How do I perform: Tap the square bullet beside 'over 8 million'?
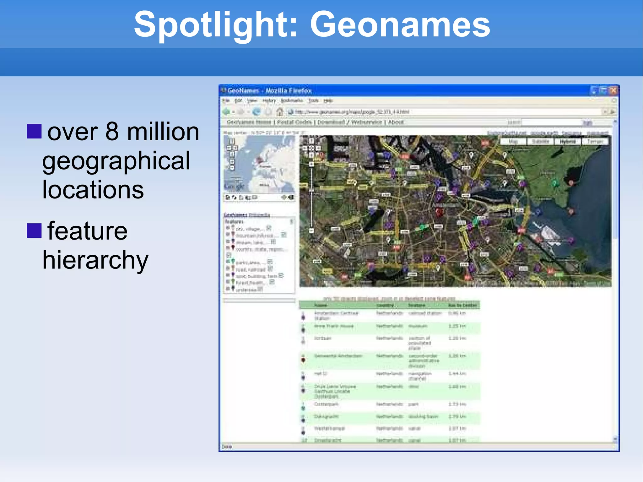pos(34,131)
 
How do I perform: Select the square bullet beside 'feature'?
pos(34,231)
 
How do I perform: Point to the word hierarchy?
pos(95,260)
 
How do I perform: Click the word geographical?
pos(116,161)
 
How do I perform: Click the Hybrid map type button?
pos(568,142)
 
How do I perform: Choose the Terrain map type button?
pos(595,142)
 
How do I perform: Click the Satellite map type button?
pos(540,142)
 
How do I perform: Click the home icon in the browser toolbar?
pos(280,112)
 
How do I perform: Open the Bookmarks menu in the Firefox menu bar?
pos(292,100)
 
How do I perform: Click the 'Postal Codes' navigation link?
pos(294,122)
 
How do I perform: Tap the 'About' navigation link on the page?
pos(396,122)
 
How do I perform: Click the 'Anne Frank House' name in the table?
pos(334,326)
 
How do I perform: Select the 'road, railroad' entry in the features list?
pos(250,269)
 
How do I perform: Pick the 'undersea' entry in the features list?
pos(246,290)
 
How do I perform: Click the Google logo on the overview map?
pos(234,187)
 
